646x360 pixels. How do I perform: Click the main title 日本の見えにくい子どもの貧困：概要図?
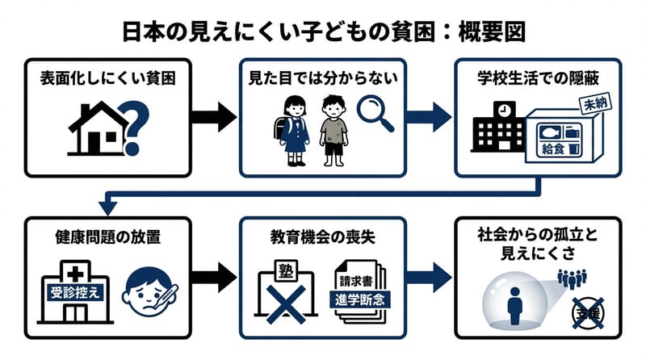click(x=323, y=31)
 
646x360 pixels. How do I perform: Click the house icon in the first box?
click(x=95, y=128)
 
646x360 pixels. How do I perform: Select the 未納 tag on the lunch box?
click(x=594, y=103)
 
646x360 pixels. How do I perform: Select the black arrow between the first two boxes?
click(x=214, y=117)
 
